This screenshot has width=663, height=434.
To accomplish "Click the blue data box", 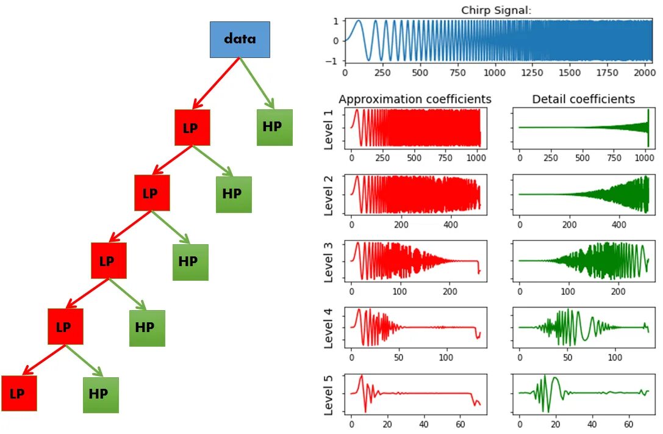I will pos(240,40).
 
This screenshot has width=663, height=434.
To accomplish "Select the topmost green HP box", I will pos(274,127).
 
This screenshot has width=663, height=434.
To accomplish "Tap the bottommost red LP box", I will pos(19,394).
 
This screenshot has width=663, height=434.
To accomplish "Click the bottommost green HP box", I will pos(101,394).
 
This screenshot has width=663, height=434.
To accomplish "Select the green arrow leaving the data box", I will pos(257,83).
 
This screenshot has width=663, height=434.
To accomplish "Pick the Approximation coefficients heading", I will pos(415,99).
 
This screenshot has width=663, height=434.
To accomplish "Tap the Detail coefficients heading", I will pos(583,99).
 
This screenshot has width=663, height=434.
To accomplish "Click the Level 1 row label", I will pos(329,129).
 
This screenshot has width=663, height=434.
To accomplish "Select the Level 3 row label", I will pos(329,262).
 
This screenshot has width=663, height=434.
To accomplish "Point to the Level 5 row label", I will pos(329,395).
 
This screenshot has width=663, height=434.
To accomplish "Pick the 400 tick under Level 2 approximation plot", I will pos(450,225).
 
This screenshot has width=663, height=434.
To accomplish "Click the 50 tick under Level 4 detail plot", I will pos(568,356).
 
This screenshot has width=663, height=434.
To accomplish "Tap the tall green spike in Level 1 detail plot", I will pos(648,127).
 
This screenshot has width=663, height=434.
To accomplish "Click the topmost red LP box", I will pos(192,128).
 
